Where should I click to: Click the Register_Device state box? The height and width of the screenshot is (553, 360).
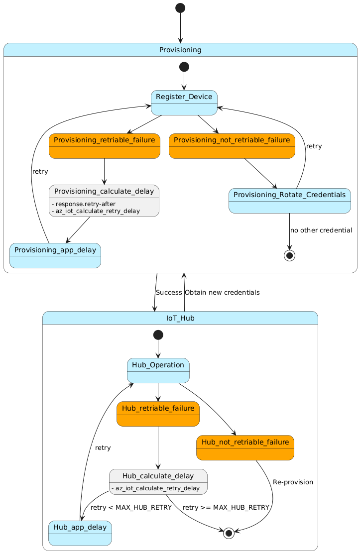(x=184, y=103)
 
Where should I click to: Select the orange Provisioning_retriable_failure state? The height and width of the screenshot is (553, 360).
(x=104, y=146)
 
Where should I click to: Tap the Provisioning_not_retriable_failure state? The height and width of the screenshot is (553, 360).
(x=232, y=146)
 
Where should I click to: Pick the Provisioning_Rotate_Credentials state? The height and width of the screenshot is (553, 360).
(x=290, y=201)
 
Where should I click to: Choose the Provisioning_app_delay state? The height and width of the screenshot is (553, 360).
(x=55, y=255)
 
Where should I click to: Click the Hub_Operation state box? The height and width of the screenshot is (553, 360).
(x=158, y=370)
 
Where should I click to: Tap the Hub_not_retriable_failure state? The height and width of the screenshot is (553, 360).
(x=245, y=447)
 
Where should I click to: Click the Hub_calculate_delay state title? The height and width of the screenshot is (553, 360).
(x=158, y=476)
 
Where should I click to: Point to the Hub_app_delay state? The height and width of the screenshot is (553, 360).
(x=80, y=533)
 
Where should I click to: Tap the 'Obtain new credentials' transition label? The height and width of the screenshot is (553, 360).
(x=222, y=293)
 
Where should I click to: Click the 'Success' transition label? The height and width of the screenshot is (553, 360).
(x=169, y=293)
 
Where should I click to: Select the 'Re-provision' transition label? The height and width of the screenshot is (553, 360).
(x=293, y=482)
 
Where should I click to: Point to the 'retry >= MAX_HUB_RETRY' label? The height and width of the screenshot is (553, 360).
(x=226, y=508)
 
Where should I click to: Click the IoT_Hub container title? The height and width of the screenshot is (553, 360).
(x=180, y=318)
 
